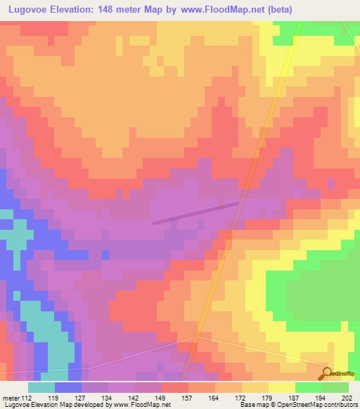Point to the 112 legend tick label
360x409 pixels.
(27, 397)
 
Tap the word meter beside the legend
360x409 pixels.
(10, 397)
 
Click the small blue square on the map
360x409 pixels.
(105, 254)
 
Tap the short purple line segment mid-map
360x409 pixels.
(197, 212)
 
